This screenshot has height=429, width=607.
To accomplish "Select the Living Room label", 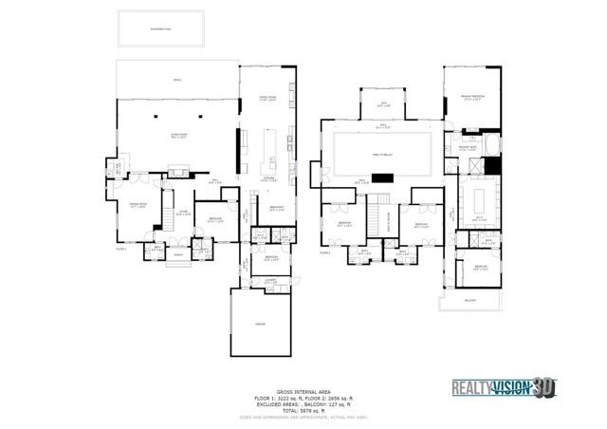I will tap(176, 137).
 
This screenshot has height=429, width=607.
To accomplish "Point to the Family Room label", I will tap(267, 98).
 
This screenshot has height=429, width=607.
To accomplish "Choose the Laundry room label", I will tap(270, 279).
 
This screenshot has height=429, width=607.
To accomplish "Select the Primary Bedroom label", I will tap(472, 97).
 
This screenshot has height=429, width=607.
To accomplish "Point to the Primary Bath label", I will tap(468, 148).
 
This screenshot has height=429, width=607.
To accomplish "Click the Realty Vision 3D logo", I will tap(500, 386).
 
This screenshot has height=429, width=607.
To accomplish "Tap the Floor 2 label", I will tap(324, 253).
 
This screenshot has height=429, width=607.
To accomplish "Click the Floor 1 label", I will tap(120, 249).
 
